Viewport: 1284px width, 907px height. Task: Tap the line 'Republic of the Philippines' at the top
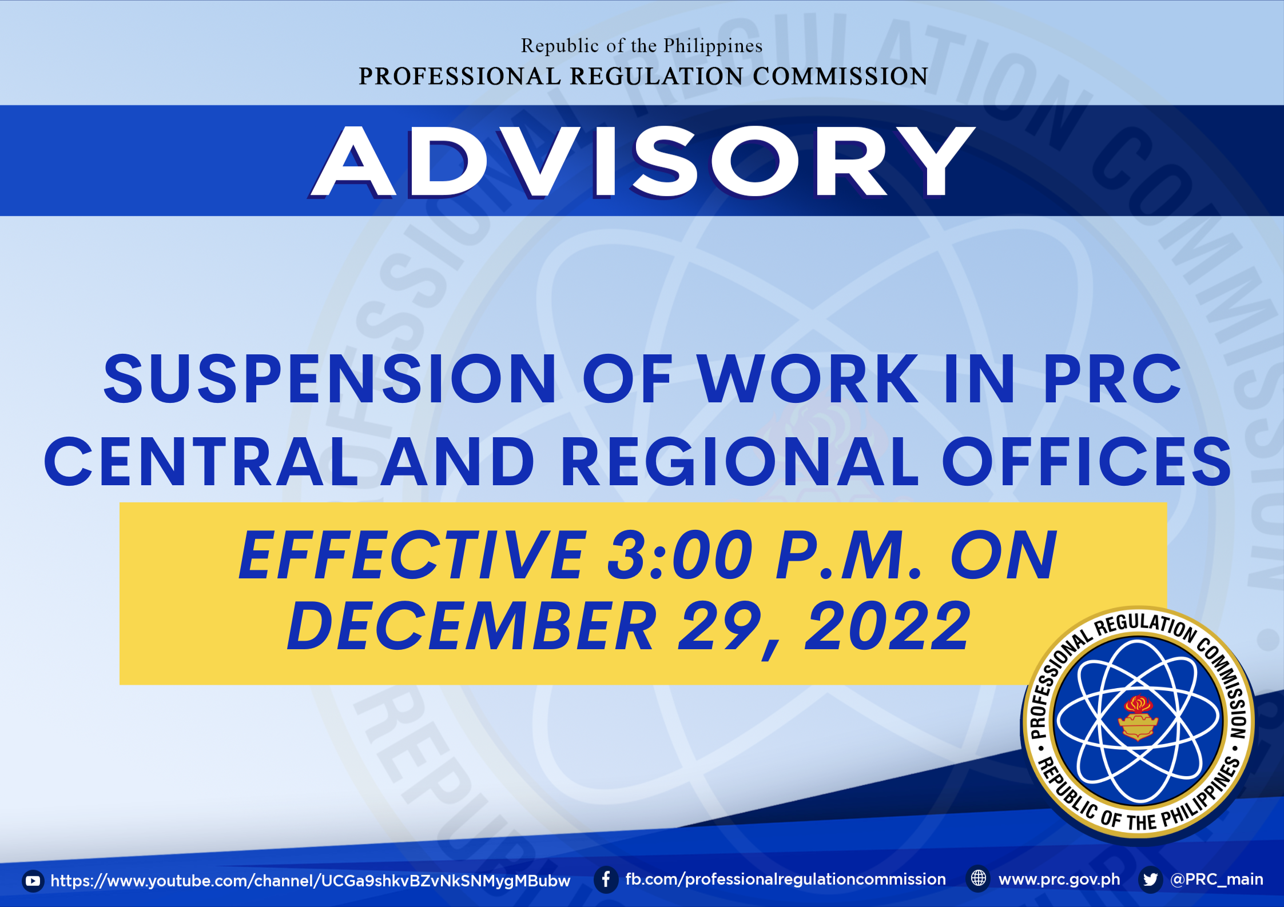coord(642,46)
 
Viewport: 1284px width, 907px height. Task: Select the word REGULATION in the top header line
coord(657,76)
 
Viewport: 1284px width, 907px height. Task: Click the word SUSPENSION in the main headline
coord(330,378)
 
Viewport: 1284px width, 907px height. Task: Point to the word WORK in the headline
coord(808,378)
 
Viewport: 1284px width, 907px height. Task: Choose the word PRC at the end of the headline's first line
coord(1112,378)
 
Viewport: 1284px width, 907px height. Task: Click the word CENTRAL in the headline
coord(201,462)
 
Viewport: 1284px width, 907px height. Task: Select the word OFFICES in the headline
coord(1087,462)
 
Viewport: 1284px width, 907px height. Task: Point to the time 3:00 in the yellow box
coord(681,555)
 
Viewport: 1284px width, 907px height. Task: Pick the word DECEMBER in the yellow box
coord(472,626)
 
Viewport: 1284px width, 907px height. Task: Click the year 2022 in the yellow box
coord(888,626)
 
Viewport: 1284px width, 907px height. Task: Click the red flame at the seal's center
coord(1138,704)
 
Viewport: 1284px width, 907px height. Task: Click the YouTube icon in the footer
coord(33,881)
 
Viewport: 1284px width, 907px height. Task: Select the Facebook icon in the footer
coord(606,880)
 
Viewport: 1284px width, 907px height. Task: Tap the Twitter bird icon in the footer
coord(1150,880)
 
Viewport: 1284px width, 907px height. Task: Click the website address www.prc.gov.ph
coord(1059,880)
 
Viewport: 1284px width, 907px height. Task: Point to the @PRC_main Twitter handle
coord(1217,880)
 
